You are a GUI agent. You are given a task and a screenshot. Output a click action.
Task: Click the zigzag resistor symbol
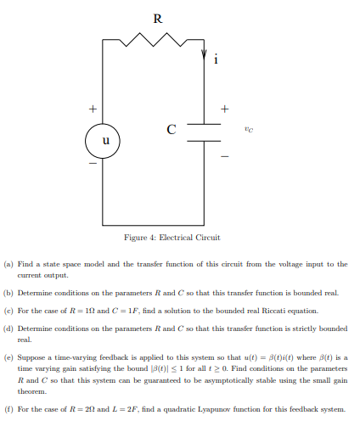[154, 40]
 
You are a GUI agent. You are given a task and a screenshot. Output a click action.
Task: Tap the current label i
[216, 59]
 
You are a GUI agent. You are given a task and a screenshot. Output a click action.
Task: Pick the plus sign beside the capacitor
[225, 109]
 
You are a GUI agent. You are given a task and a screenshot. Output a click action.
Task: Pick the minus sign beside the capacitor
[225, 156]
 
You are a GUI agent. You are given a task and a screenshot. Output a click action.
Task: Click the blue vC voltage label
[247, 130]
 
